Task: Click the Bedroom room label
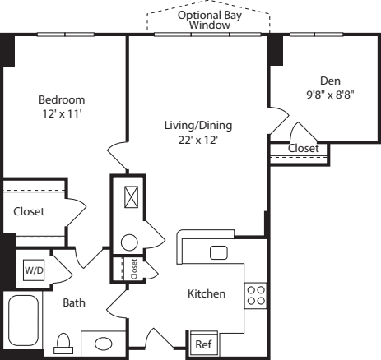pyautogui.click(x=62, y=99)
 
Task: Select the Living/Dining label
pyautogui.click(x=197, y=126)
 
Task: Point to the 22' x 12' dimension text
pyautogui.click(x=197, y=140)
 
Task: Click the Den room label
pyautogui.click(x=331, y=81)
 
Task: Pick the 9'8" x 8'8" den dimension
pyautogui.click(x=331, y=94)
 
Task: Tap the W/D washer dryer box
pyautogui.click(x=33, y=270)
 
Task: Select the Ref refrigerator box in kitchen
pyautogui.click(x=202, y=344)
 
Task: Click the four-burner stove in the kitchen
pyautogui.click(x=255, y=294)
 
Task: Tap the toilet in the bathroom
pyautogui.click(x=63, y=343)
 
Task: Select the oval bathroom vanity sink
pyautogui.click(x=104, y=343)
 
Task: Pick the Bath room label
pyautogui.click(x=74, y=302)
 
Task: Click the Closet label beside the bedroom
pyautogui.click(x=29, y=211)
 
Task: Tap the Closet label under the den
pyautogui.click(x=304, y=148)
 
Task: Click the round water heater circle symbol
pyautogui.click(x=129, y=242)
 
